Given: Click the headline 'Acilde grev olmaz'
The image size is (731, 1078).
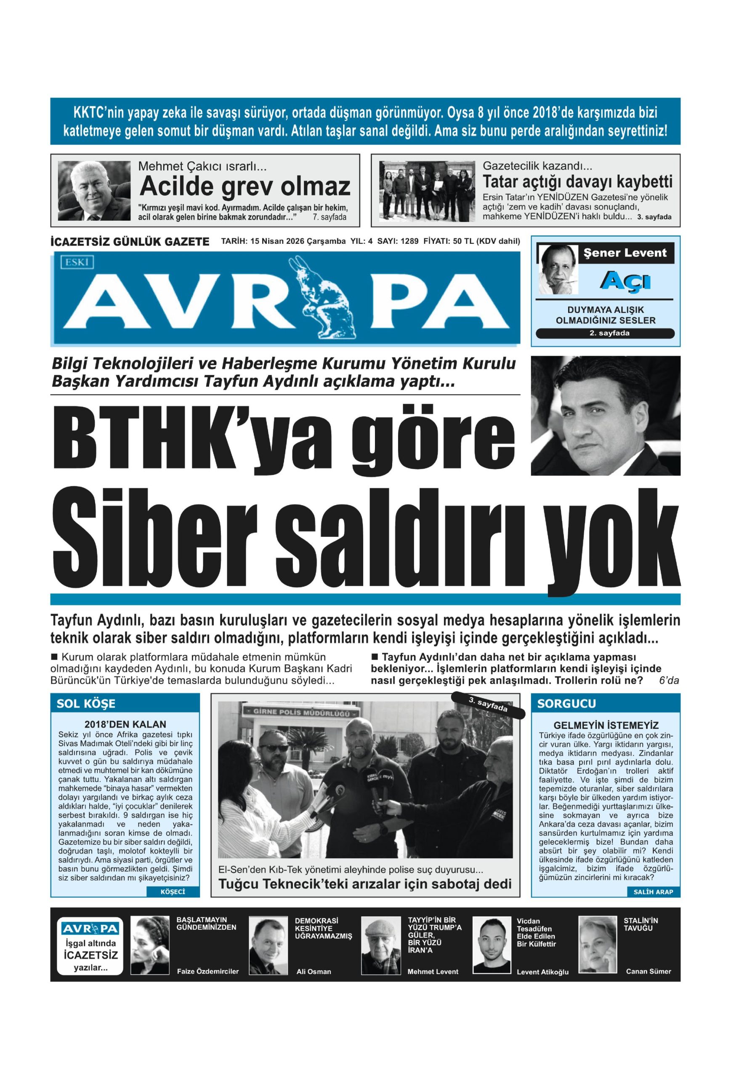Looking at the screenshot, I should tap(245, 187).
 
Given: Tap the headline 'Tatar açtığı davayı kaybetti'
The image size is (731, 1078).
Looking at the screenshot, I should tap(577, 181).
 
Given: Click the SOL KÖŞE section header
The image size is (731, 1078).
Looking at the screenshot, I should tap(86, 704).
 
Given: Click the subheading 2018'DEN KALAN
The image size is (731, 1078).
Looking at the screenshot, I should tap(125, 724).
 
